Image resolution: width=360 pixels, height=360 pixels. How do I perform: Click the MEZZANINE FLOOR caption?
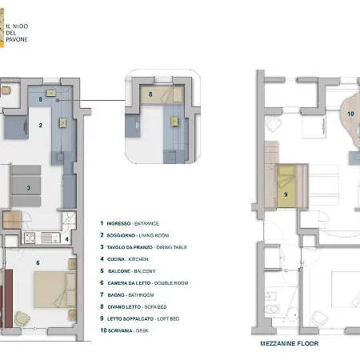point(289,343)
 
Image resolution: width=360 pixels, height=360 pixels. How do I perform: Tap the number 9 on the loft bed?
point(285,193)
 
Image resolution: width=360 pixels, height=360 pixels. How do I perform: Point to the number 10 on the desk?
point(350,114)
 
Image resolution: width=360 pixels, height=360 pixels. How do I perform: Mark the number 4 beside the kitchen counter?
point(67,239)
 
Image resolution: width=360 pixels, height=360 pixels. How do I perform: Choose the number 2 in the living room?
point(39,126)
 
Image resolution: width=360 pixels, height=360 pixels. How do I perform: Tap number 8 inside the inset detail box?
point(150,94)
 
